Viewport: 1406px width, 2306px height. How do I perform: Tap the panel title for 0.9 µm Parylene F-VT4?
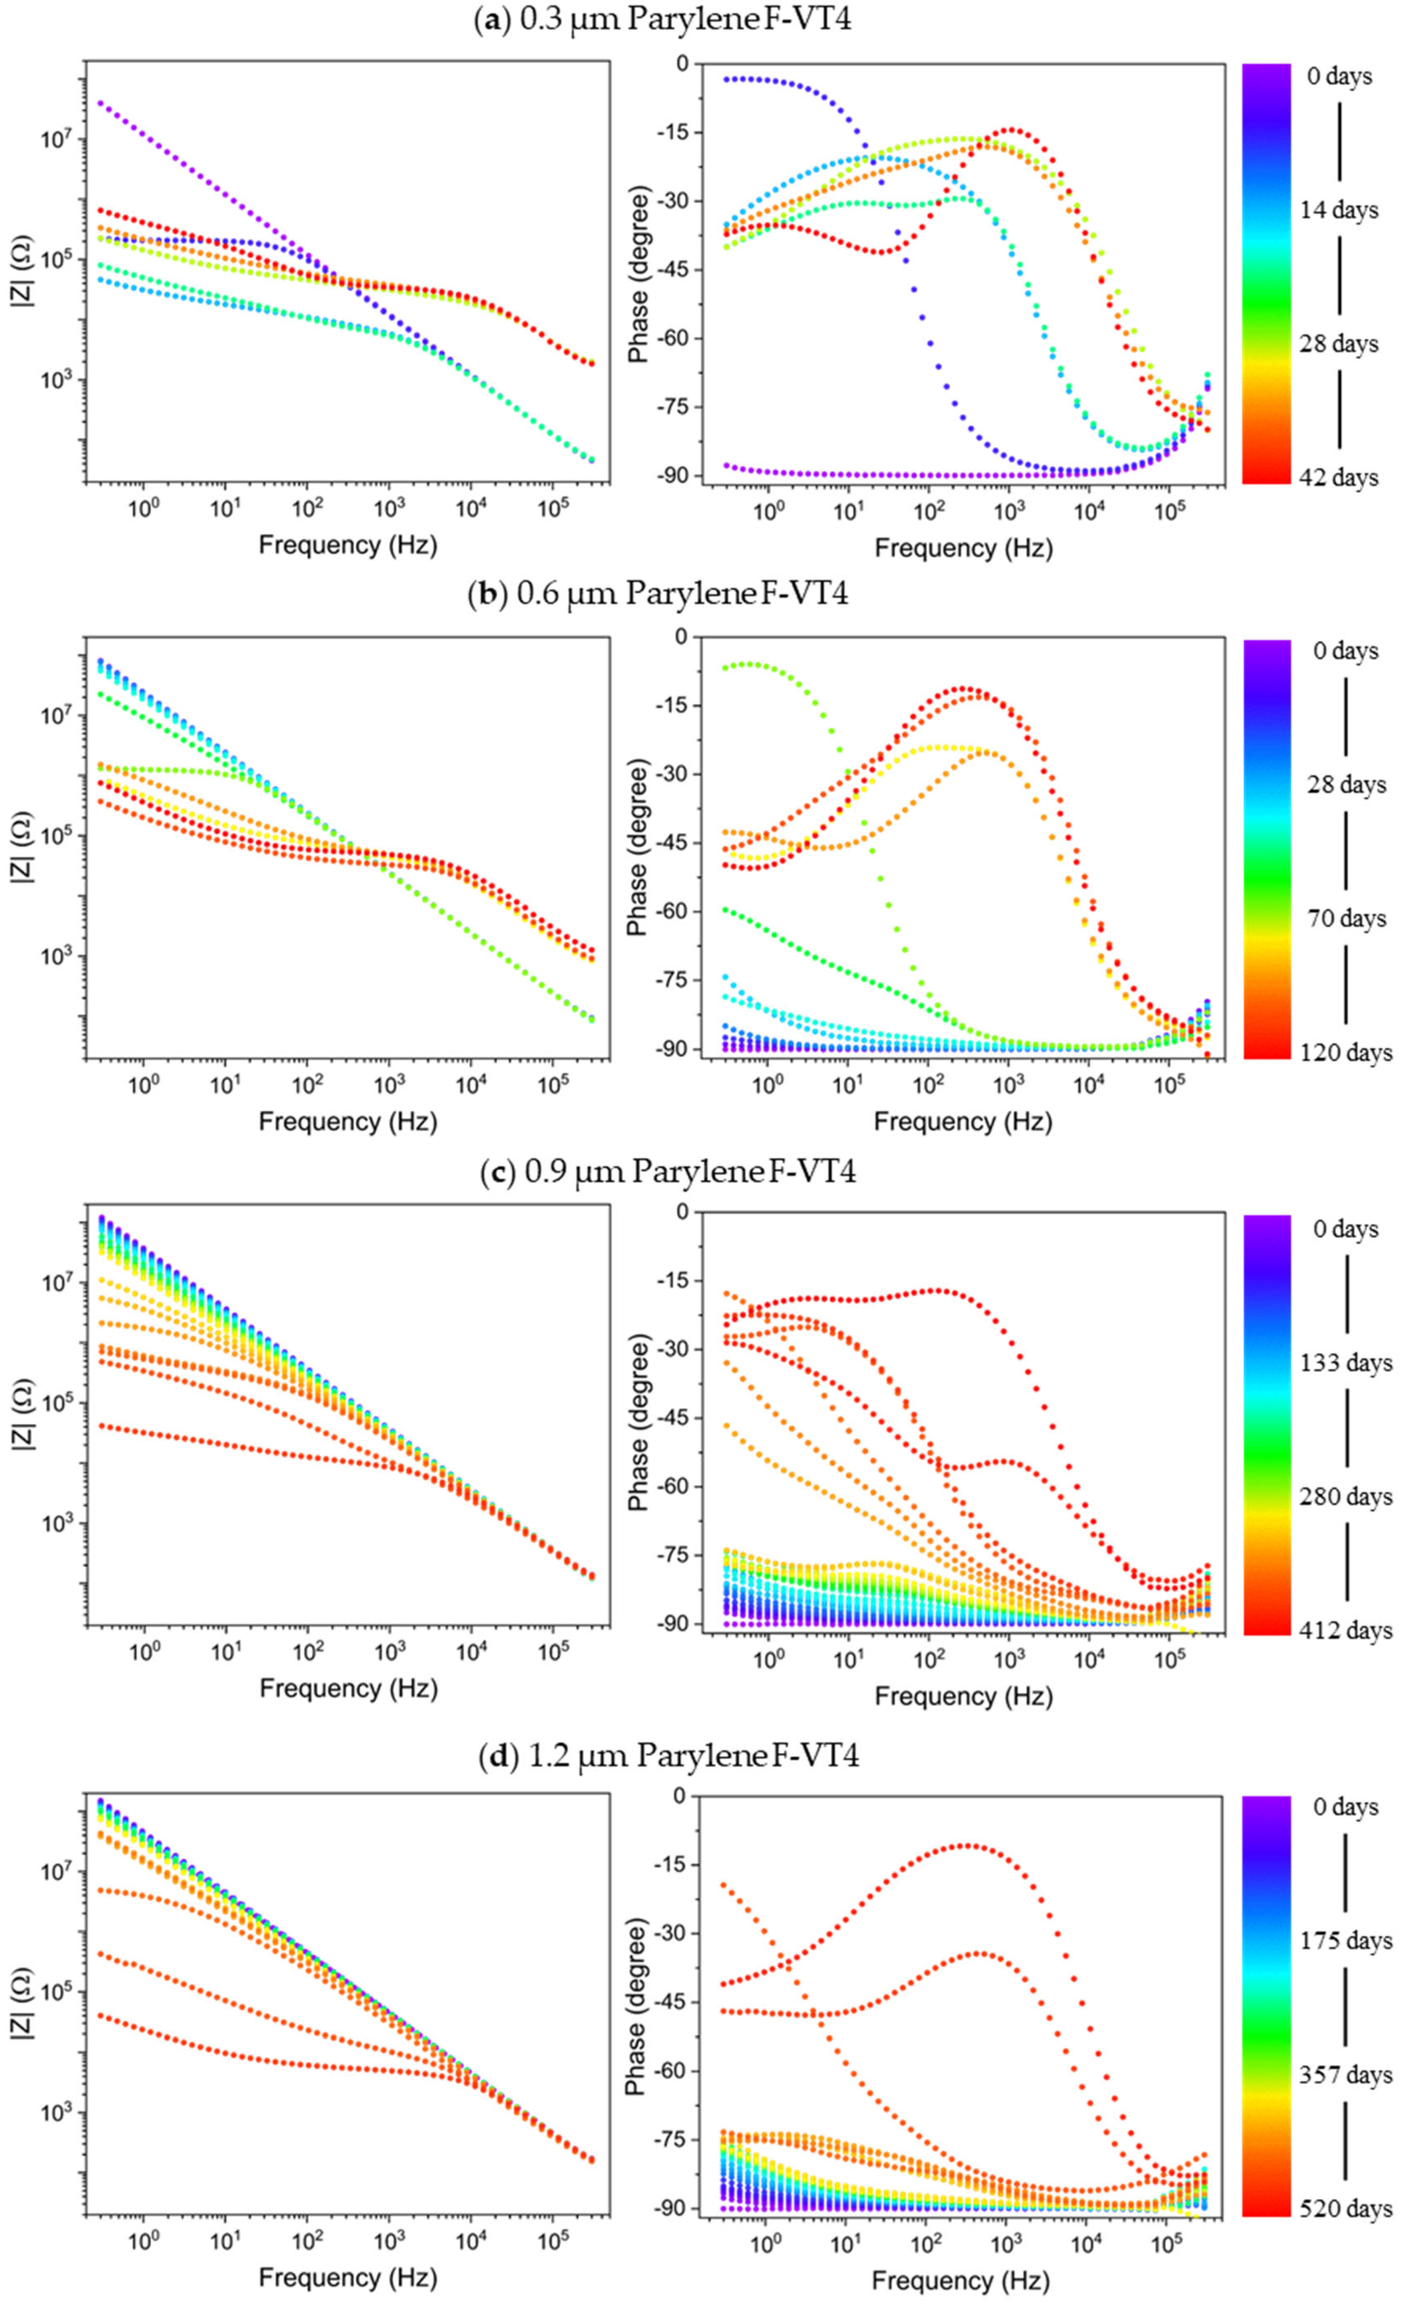(667, 1171)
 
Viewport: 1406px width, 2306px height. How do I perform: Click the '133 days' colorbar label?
(1345, 1363)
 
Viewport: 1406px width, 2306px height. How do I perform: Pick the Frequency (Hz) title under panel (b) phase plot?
(962, 1121)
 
